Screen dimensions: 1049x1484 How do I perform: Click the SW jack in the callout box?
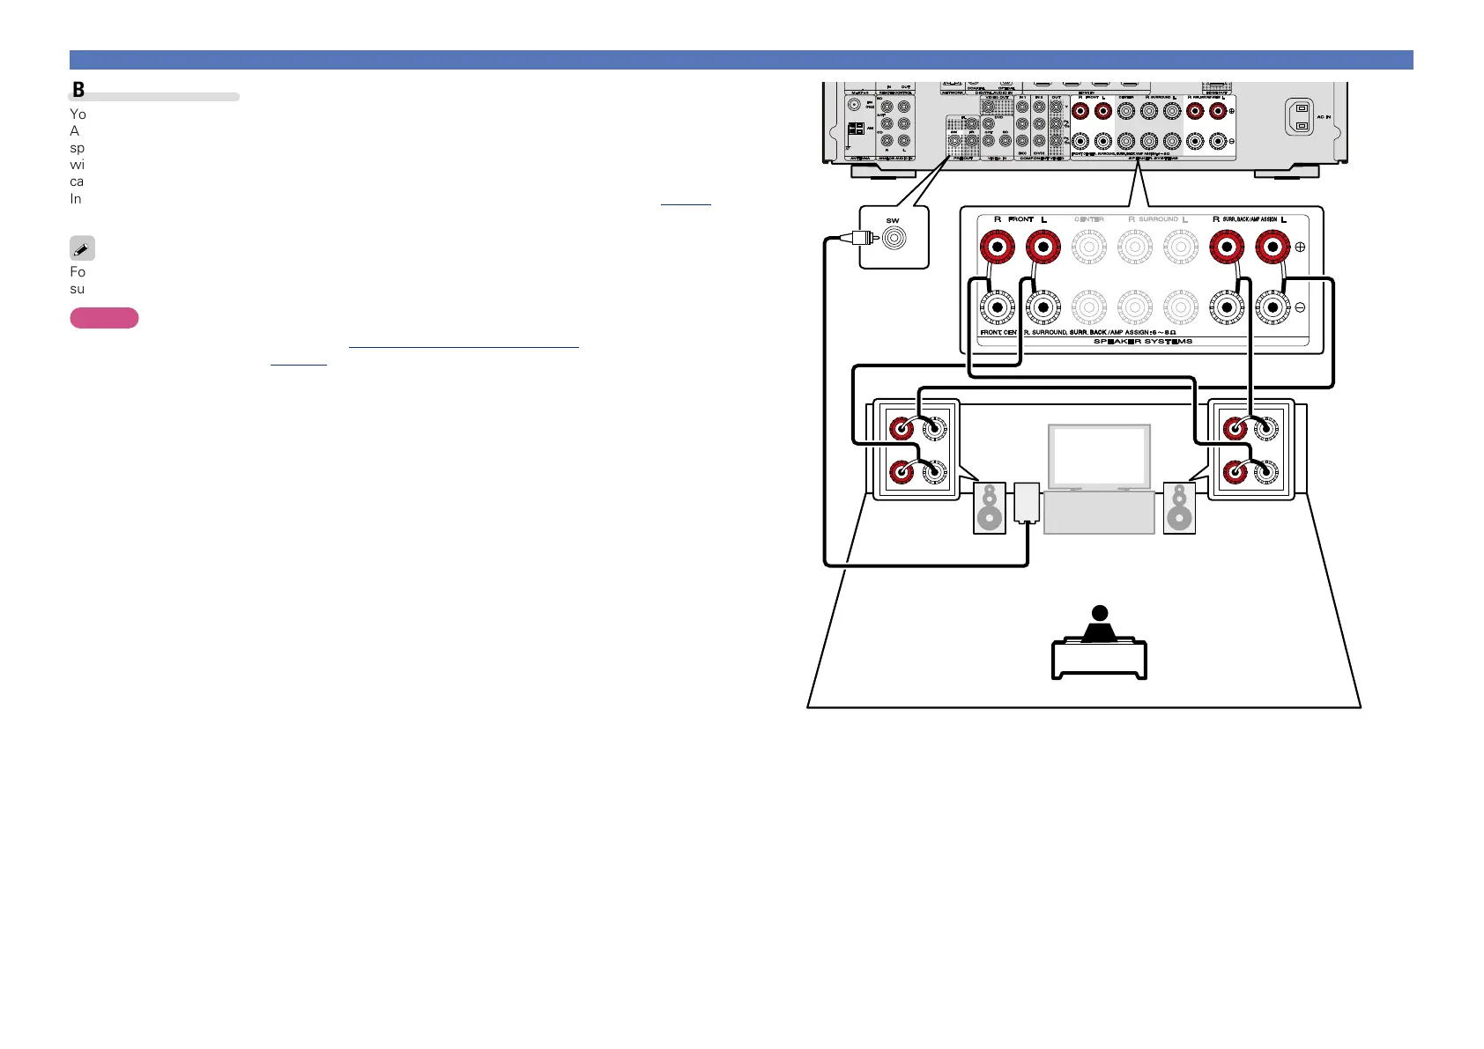[x=894, y=238]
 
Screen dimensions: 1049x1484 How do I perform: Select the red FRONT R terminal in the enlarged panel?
[x=997, y=247]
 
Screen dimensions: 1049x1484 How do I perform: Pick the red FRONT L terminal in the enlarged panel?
[x=1043, y=247]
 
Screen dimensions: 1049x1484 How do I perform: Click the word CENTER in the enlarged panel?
[x=1089, y=219]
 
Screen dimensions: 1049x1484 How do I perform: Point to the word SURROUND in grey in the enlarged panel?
[x=1158, y=219]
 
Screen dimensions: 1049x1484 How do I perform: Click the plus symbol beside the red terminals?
[x=1300, y=247]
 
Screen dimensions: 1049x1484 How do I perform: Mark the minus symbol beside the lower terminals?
[x=1300, y=307]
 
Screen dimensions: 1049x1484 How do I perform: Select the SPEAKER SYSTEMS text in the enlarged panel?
[x=1142, y=342]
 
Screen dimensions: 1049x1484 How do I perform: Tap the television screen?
[x=1099, y=457]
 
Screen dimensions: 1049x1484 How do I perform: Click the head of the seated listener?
[x=1099, y=613]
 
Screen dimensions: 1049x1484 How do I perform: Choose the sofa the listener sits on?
[x=1099, y=660]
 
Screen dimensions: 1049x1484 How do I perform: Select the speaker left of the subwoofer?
[x=990, y=508]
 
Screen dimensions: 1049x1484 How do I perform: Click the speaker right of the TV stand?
[x=1179, y=508]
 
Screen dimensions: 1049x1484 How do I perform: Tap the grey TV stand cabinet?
[x=1099, y=513]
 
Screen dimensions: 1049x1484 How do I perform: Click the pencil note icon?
[x=82, y=248]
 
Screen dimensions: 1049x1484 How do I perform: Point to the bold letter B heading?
[x=78, y=90]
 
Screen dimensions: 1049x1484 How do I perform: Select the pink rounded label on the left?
[x=104, y=318]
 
